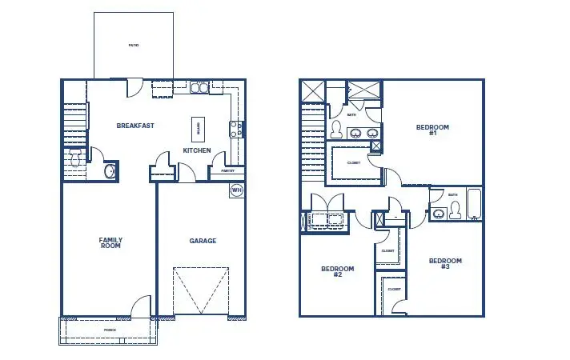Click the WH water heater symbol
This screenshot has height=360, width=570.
point(236,190)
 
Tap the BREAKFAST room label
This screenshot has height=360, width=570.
point(135,126)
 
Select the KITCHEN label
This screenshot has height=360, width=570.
point(197,150)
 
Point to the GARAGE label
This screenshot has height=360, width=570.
point(203,241)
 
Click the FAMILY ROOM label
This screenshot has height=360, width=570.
point(110,243)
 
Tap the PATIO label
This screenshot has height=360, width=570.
point(134,46)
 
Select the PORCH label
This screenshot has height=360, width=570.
point(110,330)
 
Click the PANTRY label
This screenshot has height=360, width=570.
point(227,170)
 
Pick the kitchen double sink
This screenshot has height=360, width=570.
point(199,87)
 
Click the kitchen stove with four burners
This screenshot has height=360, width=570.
point(237,129)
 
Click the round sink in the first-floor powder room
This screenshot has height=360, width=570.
point(110,171)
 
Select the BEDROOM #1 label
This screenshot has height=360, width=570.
point(432,130)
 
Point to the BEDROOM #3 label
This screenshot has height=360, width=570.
point(445,264)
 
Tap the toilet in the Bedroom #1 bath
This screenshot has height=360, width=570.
point(337,130)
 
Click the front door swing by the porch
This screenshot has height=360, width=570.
point(141,305)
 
